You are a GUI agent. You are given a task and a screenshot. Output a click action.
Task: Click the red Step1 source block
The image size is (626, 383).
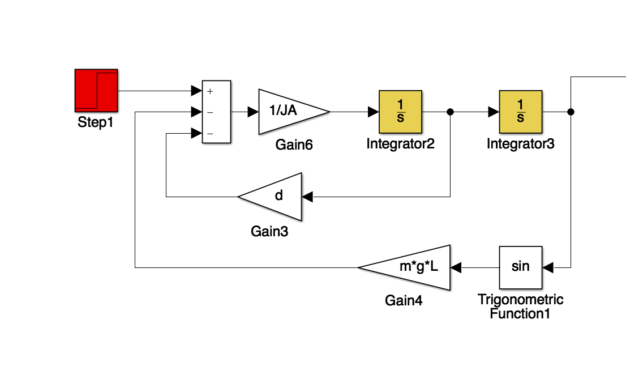point(96,91)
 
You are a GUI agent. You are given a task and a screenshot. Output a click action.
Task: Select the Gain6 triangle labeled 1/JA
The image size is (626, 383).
point(289,112)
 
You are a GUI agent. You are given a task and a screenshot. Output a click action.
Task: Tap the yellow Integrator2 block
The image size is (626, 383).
point(400,112)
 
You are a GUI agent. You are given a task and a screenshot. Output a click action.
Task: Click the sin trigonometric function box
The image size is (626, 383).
point(521,267)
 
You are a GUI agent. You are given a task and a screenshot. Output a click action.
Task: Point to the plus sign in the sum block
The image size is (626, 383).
point(210,91)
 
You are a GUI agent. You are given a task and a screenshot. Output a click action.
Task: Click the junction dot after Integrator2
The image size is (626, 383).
point(450,112)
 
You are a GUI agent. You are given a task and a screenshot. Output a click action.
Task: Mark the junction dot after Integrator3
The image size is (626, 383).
point(571,112)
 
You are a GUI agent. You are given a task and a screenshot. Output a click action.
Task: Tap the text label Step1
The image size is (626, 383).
point(96,122)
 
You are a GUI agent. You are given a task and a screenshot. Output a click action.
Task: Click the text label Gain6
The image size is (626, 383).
point(294,144)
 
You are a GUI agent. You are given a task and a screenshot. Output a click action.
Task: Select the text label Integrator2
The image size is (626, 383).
point(400,144)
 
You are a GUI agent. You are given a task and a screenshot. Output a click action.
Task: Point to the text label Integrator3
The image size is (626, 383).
point(521,144)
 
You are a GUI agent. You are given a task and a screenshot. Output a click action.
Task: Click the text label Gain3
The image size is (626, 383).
point(269,231)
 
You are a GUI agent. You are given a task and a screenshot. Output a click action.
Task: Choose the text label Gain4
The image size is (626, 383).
point(404,300)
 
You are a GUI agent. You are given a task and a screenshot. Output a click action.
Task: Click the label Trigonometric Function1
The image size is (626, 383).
point(521,306)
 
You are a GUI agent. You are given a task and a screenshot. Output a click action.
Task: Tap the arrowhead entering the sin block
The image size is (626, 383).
point(547,267)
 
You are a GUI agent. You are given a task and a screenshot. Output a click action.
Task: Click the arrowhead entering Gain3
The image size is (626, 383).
point(307,197)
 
